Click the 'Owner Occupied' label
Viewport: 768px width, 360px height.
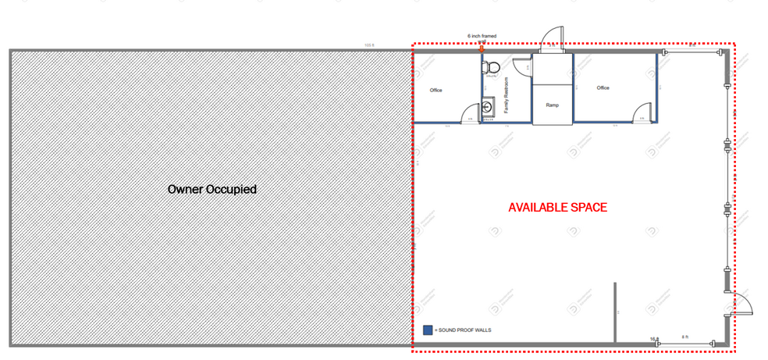(x=212, y=189)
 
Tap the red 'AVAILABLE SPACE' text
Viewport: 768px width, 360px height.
(x=557, y=209)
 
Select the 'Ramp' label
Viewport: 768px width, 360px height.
(x=553, y=105)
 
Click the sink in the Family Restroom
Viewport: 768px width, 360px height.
(x=489, y=106)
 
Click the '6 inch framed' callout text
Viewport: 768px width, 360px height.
(x=482, y=36)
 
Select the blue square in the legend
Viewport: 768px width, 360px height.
(x=428, y=330)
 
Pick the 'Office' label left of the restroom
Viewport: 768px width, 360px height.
(x=436, y=91)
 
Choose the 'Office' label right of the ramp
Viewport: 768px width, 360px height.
(x=603, y=88)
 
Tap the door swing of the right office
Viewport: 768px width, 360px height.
(x=641, y=113)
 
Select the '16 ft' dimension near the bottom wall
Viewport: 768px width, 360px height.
(x=654, y=338)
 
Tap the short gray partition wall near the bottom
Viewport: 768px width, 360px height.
(x=615, y=312)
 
